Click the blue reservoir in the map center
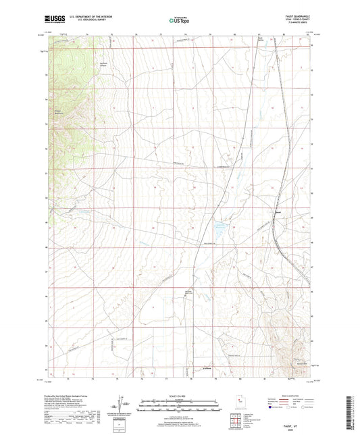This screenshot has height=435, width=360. [x=221, y=228]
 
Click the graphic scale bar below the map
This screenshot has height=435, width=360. [x=179, y=401]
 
